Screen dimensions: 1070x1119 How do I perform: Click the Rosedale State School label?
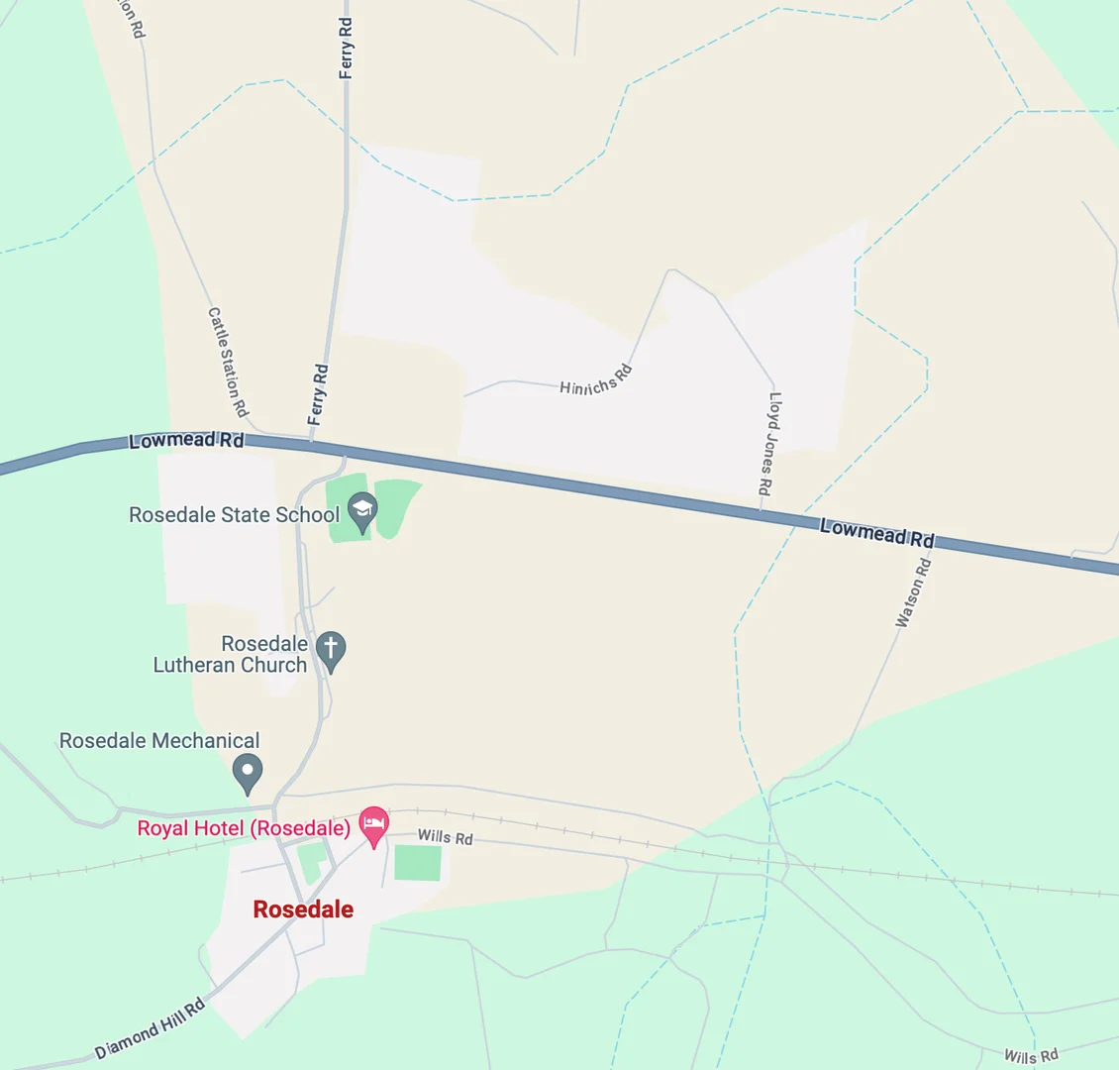pos(234,515)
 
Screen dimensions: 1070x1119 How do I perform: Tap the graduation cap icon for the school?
pos(362,511)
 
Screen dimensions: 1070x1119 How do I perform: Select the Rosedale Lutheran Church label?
pos(230,654)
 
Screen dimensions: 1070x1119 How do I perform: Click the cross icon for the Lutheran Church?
pos(331,650)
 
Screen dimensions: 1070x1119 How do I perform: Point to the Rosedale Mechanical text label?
pos(159,741)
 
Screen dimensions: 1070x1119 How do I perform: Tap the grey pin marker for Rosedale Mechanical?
pos(248,772)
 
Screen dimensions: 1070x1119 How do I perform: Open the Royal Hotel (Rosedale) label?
pos(244,828)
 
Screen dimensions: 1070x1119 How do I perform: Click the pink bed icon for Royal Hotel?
pos(373,824)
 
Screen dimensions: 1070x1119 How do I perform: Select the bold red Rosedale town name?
pos(303,909)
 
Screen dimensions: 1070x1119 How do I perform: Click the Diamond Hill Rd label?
pos(151,1029)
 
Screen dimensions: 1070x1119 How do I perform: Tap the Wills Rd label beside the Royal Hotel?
pos(445,837)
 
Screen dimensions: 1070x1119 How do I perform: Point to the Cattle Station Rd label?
pos(228,362)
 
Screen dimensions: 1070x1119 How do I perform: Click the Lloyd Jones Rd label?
pos(770,443)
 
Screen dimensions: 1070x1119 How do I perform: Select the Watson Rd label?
pos(913,592)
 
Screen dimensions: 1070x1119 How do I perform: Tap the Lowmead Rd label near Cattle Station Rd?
pos(186,441)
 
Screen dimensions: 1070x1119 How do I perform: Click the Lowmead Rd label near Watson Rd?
pos(876,533)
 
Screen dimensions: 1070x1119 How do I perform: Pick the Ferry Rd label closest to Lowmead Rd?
pos(318,394)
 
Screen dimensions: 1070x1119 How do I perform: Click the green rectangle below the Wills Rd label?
pos(418,863)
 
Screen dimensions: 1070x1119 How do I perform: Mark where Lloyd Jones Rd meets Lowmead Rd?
pos(762,511)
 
